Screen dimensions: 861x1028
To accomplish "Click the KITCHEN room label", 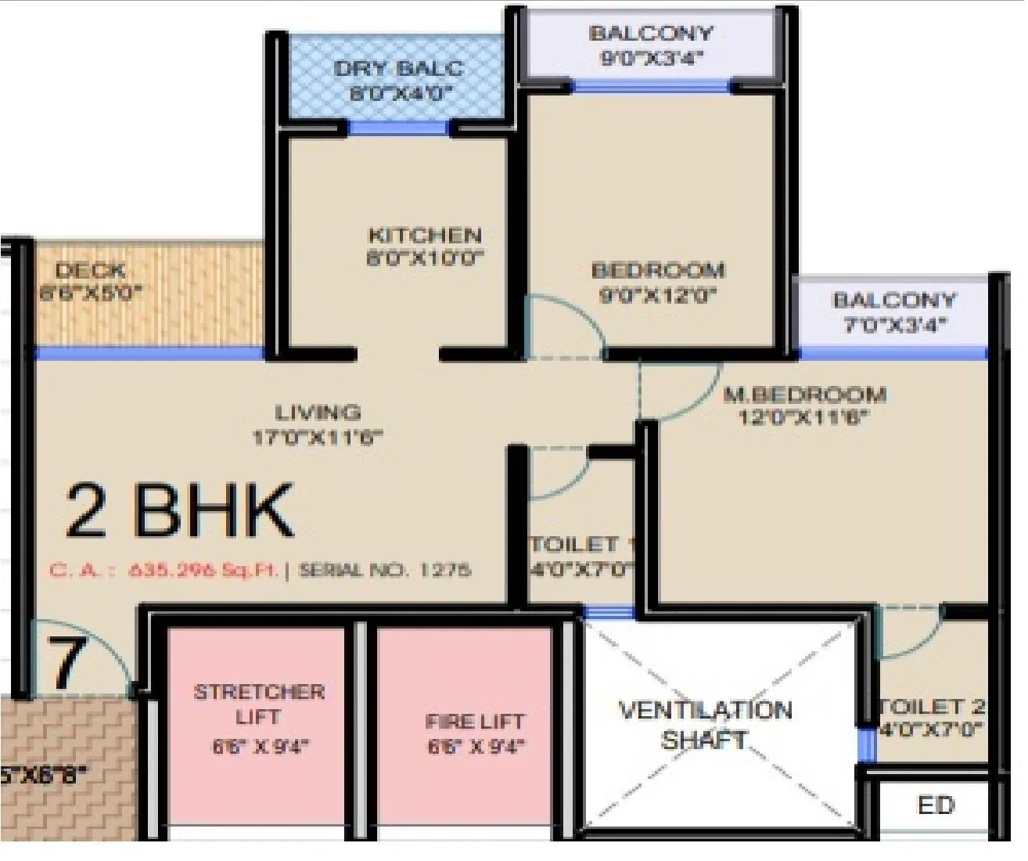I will (x=425, y=236).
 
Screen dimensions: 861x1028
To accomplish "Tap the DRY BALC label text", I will (x=398, y=68).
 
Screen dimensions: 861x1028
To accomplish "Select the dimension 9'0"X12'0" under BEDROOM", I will (x=657, y=297).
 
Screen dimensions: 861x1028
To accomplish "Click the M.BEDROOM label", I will (x=804, y=394).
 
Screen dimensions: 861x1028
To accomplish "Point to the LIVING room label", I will (x=318, y=412).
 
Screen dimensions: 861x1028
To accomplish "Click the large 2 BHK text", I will (x=179, y=511).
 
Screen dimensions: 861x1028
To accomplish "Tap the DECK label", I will (x=91, y=271).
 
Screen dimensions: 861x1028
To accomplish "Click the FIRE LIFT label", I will (x=475, y=722).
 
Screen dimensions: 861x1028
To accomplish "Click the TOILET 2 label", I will (x=931, y=707).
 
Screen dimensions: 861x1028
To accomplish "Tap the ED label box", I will (x=936, y=805).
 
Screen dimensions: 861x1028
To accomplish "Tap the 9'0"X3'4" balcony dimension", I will (x=652, y=58).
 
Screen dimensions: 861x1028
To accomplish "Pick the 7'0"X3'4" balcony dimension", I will (x=894, y=325).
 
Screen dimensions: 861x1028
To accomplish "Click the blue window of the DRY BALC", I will (x=398, y=128).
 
